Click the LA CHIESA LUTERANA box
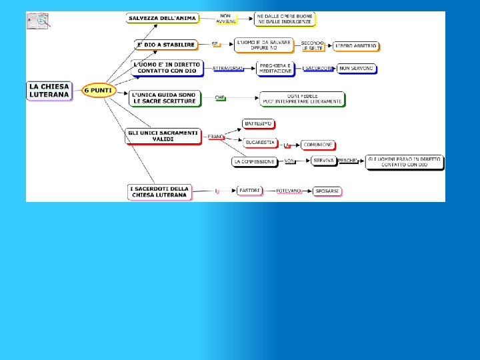click(x=49, y=90)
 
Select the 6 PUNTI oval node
click(x=98, y=91)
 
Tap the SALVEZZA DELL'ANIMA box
click(x=162, y=18)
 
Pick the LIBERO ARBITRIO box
click(x=356, y=46)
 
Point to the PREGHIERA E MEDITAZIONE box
click(x=275, y=68)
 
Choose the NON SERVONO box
click(x=357, y=68)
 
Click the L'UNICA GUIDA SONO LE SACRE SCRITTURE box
click(x=164, y=98)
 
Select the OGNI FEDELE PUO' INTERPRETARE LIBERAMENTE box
click(x=303, y=99)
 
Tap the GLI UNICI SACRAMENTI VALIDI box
click(x=163, y=136)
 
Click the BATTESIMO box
click(x=259, y=124)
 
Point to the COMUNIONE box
click(x=317, y=145)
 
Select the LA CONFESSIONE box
click(x=254, y=161)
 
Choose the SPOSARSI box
click(x=327, y=191)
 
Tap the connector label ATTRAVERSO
click(x=227, y=68)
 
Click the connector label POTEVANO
click(x=289, y=191)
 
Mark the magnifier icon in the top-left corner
click(x=38, y=21)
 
